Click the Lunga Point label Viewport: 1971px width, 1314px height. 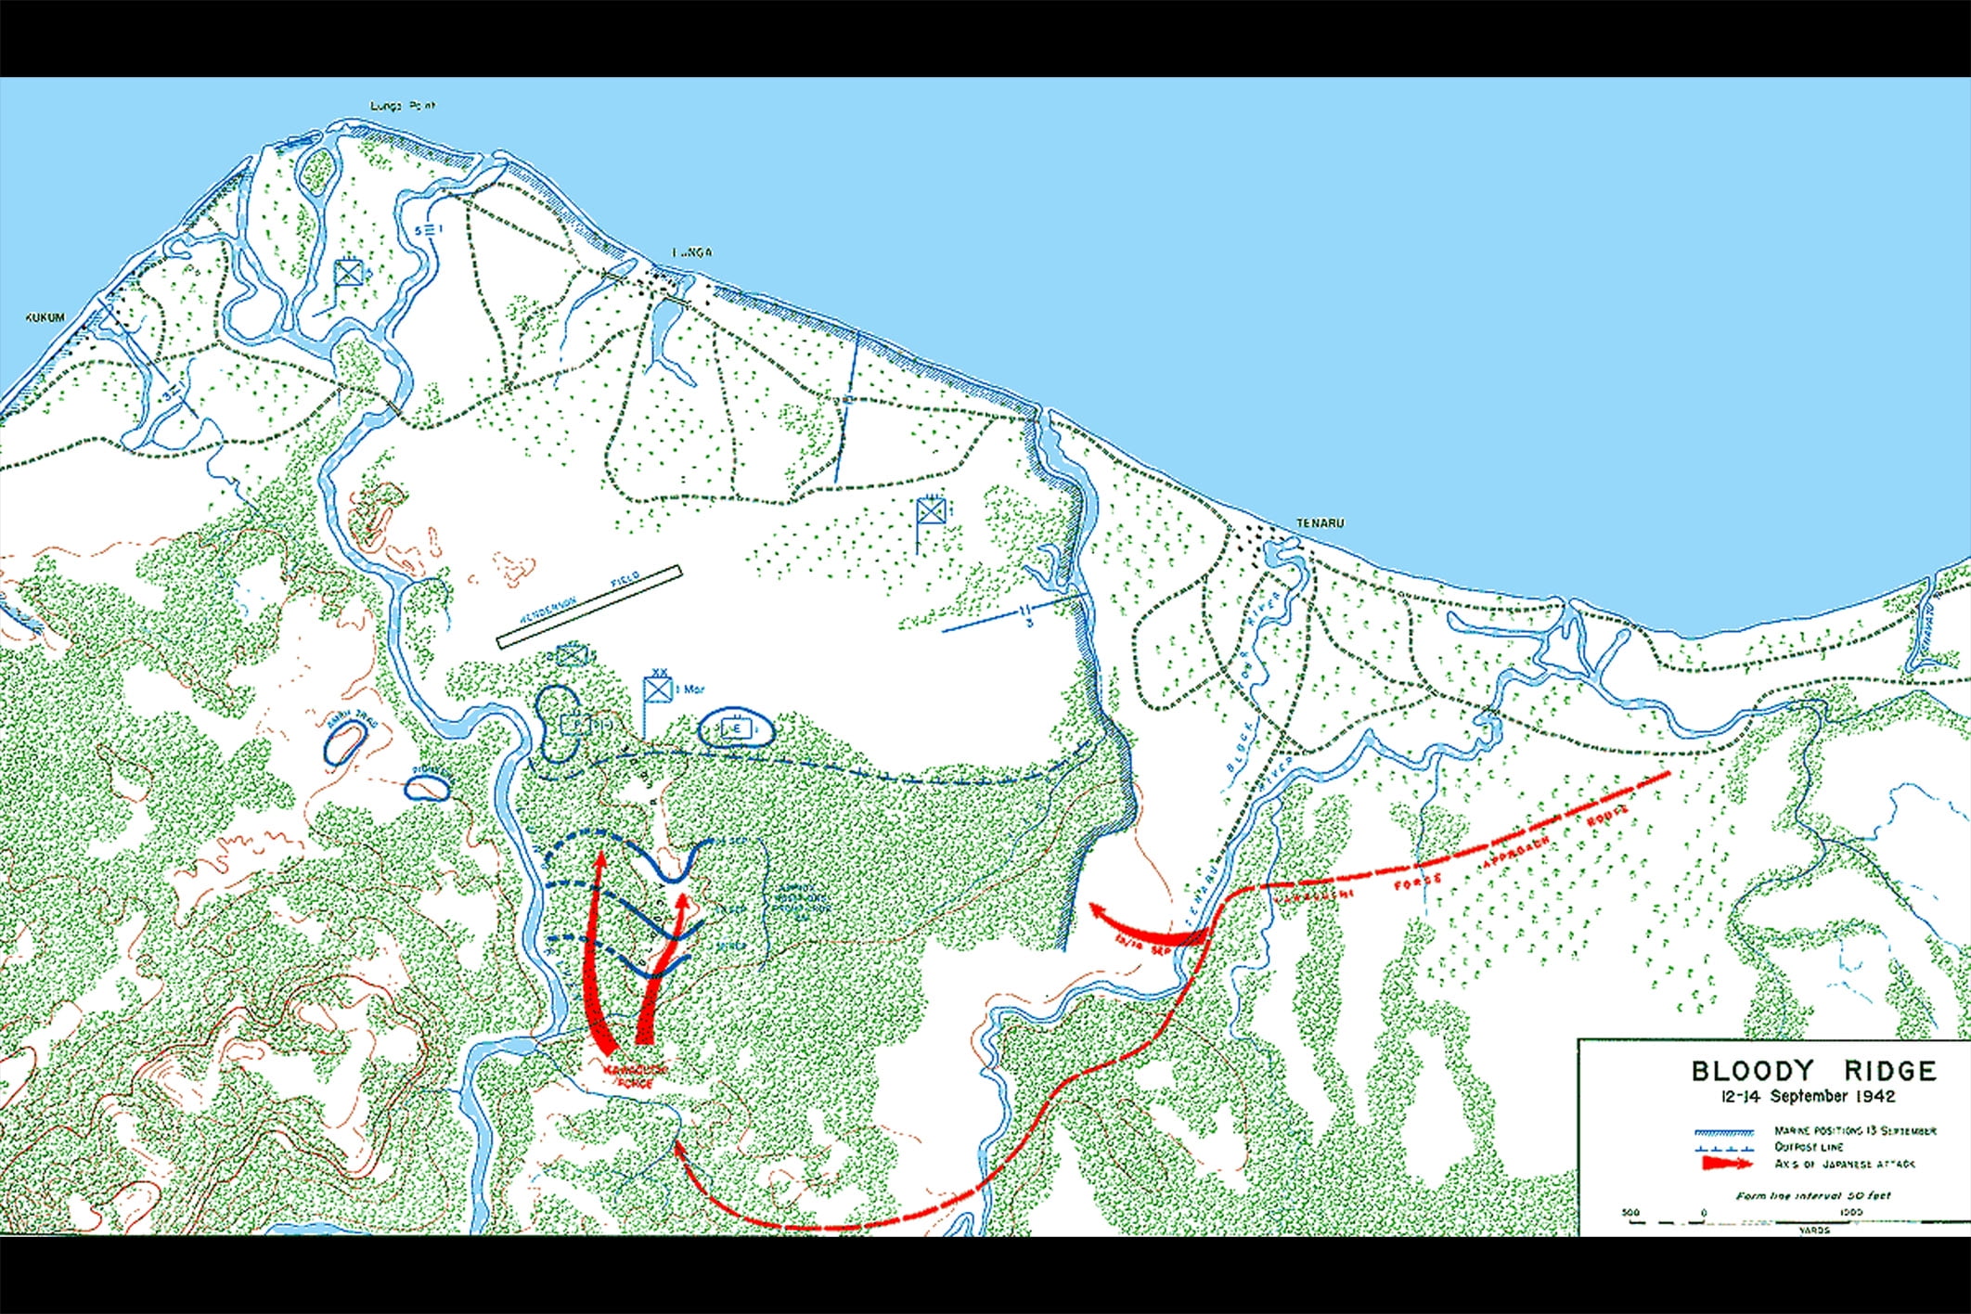click(403, 106)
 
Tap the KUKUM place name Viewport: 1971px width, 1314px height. click(45, 317)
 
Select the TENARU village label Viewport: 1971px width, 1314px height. click(1320, 523)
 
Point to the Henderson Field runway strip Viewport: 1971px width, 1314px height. click(589, 606)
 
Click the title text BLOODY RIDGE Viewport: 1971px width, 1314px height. click(1813, 1071)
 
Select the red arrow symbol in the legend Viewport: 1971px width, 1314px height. click(1725, 1163)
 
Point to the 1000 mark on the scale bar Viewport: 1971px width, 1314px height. click(1849, 1212)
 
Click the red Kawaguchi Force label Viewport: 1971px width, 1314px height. click(637, 1076)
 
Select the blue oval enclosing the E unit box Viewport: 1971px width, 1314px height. click(736, 729)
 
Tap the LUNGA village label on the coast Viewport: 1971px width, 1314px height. click(692, 252)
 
